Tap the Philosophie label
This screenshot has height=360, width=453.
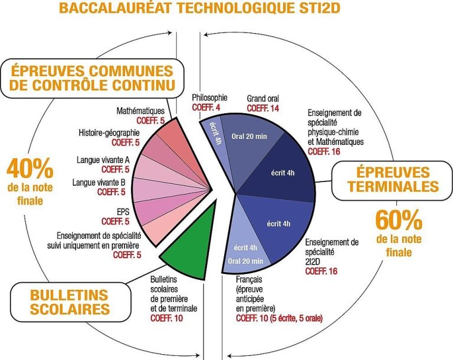(x=209, y=98)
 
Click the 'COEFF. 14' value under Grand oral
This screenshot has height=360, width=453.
(x=263, y=108)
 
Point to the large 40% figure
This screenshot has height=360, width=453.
(x=29, y=169)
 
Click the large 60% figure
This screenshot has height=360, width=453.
(x=399, y=220)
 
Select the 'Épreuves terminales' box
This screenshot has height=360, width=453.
(x=392, y=180)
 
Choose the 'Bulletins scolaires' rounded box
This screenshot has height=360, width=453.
(x=70, y=302)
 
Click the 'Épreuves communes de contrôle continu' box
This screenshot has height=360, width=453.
(x=92, y=78)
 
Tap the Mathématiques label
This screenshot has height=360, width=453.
(x=140, y=111)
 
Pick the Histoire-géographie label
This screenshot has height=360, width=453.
(x=109, y=133)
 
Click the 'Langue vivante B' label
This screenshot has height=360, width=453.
(x=99, y=183)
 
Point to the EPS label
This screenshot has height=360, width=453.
(x=123, y=212)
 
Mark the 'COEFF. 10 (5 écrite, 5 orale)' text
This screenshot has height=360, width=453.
(x=279, y=318)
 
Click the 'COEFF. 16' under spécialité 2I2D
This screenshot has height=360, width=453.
(x=321, y=272)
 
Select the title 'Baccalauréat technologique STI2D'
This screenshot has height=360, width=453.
(x=199, y=8)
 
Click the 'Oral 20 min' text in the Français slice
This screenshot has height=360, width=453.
(x=245, y=261)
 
